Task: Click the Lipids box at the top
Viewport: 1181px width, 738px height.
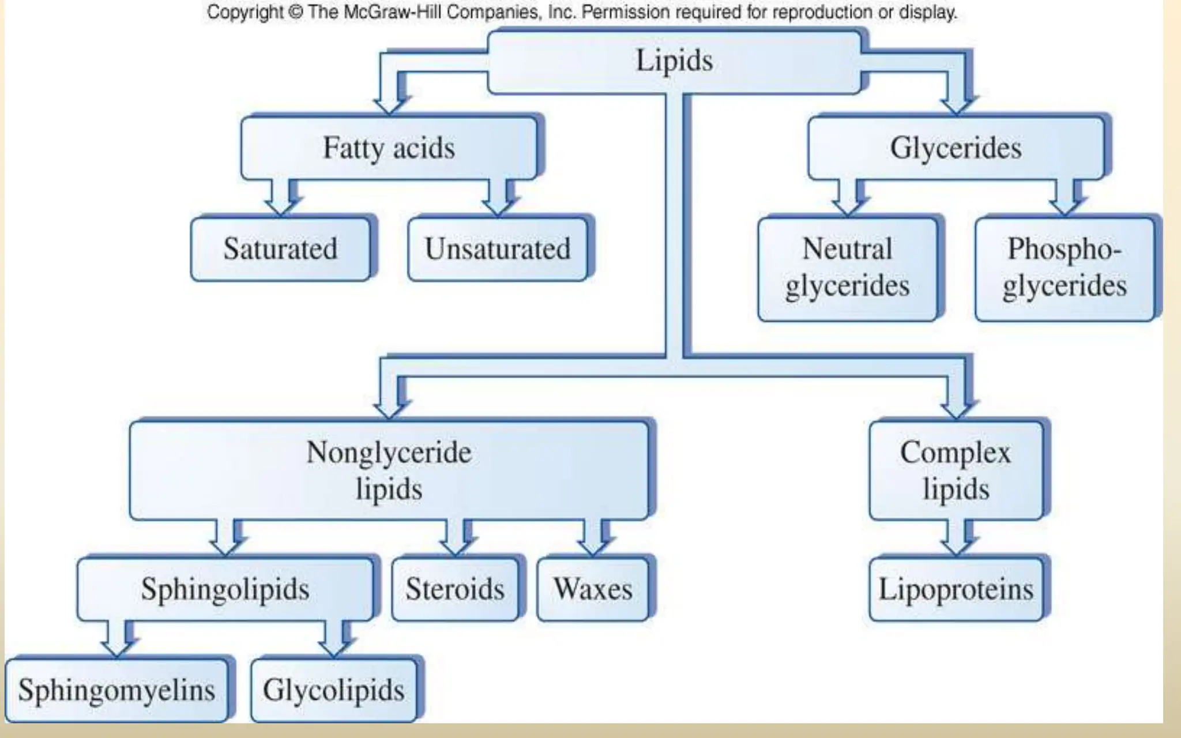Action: point(674,62)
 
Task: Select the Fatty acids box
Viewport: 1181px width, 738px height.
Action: point(389,148)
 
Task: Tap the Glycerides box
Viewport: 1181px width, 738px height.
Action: point(956,148)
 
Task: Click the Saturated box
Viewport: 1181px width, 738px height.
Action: point(280,249)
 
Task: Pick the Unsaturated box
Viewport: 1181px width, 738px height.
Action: point(497,249)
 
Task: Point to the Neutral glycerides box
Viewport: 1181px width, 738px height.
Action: point(847,268)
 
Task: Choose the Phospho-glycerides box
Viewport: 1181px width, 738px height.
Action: point(1065,268)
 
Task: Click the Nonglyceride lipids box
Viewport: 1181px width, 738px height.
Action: point(389,470)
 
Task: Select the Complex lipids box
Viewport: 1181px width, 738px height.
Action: point(956,470)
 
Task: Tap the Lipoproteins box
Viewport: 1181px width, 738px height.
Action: point(956,589)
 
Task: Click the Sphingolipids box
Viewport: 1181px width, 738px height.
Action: point(225,589)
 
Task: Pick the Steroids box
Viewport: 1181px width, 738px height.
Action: point(454,589)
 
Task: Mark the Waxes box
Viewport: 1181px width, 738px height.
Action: point(593,589)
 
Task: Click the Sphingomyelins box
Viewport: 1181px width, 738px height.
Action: point(116,690)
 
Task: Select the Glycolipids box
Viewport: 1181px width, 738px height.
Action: point(333,690)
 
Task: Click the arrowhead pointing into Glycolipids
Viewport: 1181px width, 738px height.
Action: point(334,648)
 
